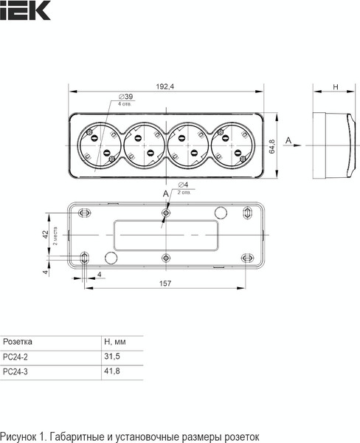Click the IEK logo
coord(25,10)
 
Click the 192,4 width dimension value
coord(165,86)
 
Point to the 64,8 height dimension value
coord(272,146)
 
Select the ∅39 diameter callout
coord(125,97)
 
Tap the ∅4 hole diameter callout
coord(183,185)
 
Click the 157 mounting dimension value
coord(165,283)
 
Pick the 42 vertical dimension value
coord(46,234)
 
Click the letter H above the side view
coord(336,86)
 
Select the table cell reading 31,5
coord(112,357)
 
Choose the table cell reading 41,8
coord(112,371)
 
